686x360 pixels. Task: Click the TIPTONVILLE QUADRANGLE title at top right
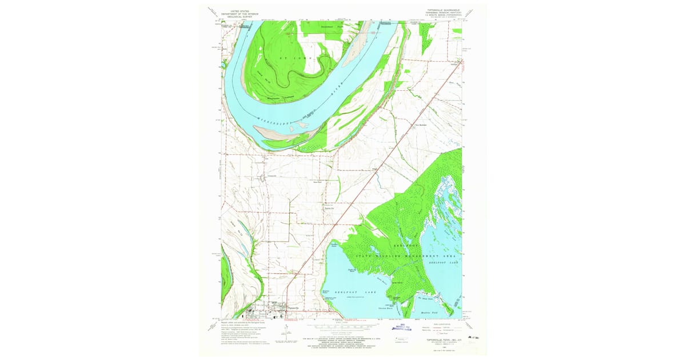point(442,10)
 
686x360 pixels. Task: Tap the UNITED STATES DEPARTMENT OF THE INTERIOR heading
point(240,11)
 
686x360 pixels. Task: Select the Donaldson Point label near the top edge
point(330,26)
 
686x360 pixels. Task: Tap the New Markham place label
point(421,125)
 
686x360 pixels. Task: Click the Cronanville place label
point(273,176)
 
